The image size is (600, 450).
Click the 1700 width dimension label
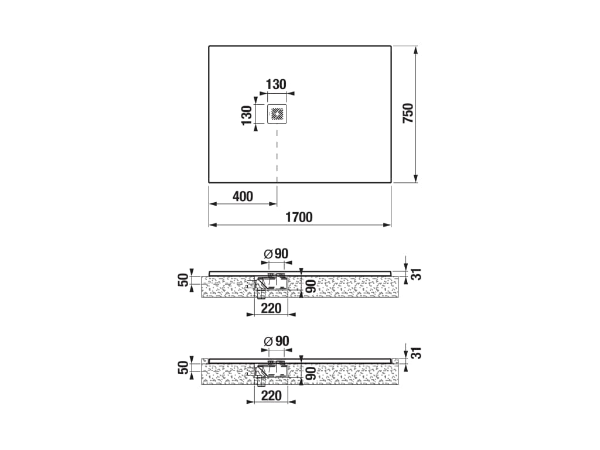(x=299, y=217)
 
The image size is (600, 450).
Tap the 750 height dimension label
(x=408, y=113)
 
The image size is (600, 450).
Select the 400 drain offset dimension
(x=243, y=196)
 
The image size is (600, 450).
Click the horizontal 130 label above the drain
(x=276, y=84)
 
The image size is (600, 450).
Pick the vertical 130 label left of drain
(x=247, y=115)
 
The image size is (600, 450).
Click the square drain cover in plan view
(x=277, y=114)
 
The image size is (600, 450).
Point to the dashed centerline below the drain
(x=277, y=155)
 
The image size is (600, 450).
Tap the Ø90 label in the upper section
(x=276, y=254)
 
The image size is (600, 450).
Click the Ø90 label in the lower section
(x=276, y=341)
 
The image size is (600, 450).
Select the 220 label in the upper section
(x=271, y=308)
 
